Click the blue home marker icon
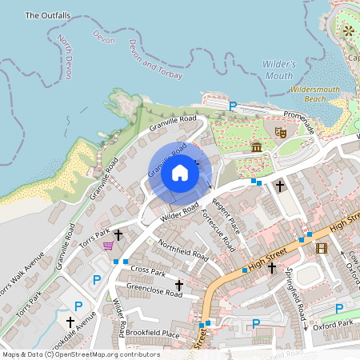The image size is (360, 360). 180,173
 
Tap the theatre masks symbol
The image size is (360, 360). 281,131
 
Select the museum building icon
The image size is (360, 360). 256,147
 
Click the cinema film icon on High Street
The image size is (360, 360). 322,248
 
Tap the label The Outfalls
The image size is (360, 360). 48,15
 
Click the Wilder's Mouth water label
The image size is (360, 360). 278,70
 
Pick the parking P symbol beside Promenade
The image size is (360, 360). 233,106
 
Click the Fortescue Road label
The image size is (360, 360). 218,227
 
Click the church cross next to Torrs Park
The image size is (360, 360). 118,234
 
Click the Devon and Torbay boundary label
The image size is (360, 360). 155,62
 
